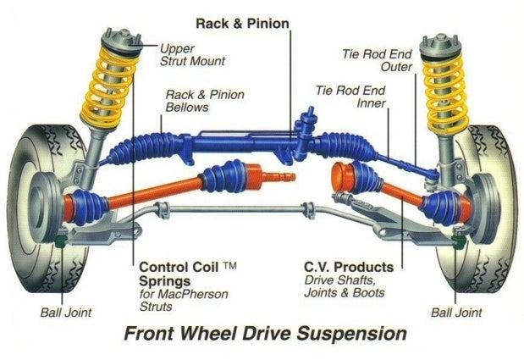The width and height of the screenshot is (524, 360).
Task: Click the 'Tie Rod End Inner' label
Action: pos(350,97)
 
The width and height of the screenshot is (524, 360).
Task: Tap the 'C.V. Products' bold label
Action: pos(346,265)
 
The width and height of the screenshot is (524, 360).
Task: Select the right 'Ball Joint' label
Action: pos(456,313)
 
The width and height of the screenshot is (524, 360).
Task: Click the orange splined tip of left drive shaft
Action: pos(280,177)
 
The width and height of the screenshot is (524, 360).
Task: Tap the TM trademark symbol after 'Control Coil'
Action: pos(230,265)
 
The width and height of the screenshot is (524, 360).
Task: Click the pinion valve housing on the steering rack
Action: pos(302,129)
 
